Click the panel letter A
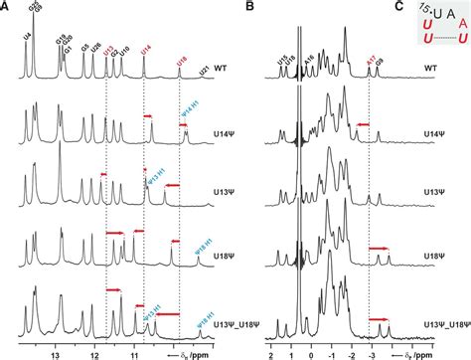(7, 7)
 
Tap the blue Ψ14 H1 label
(186, 125)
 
